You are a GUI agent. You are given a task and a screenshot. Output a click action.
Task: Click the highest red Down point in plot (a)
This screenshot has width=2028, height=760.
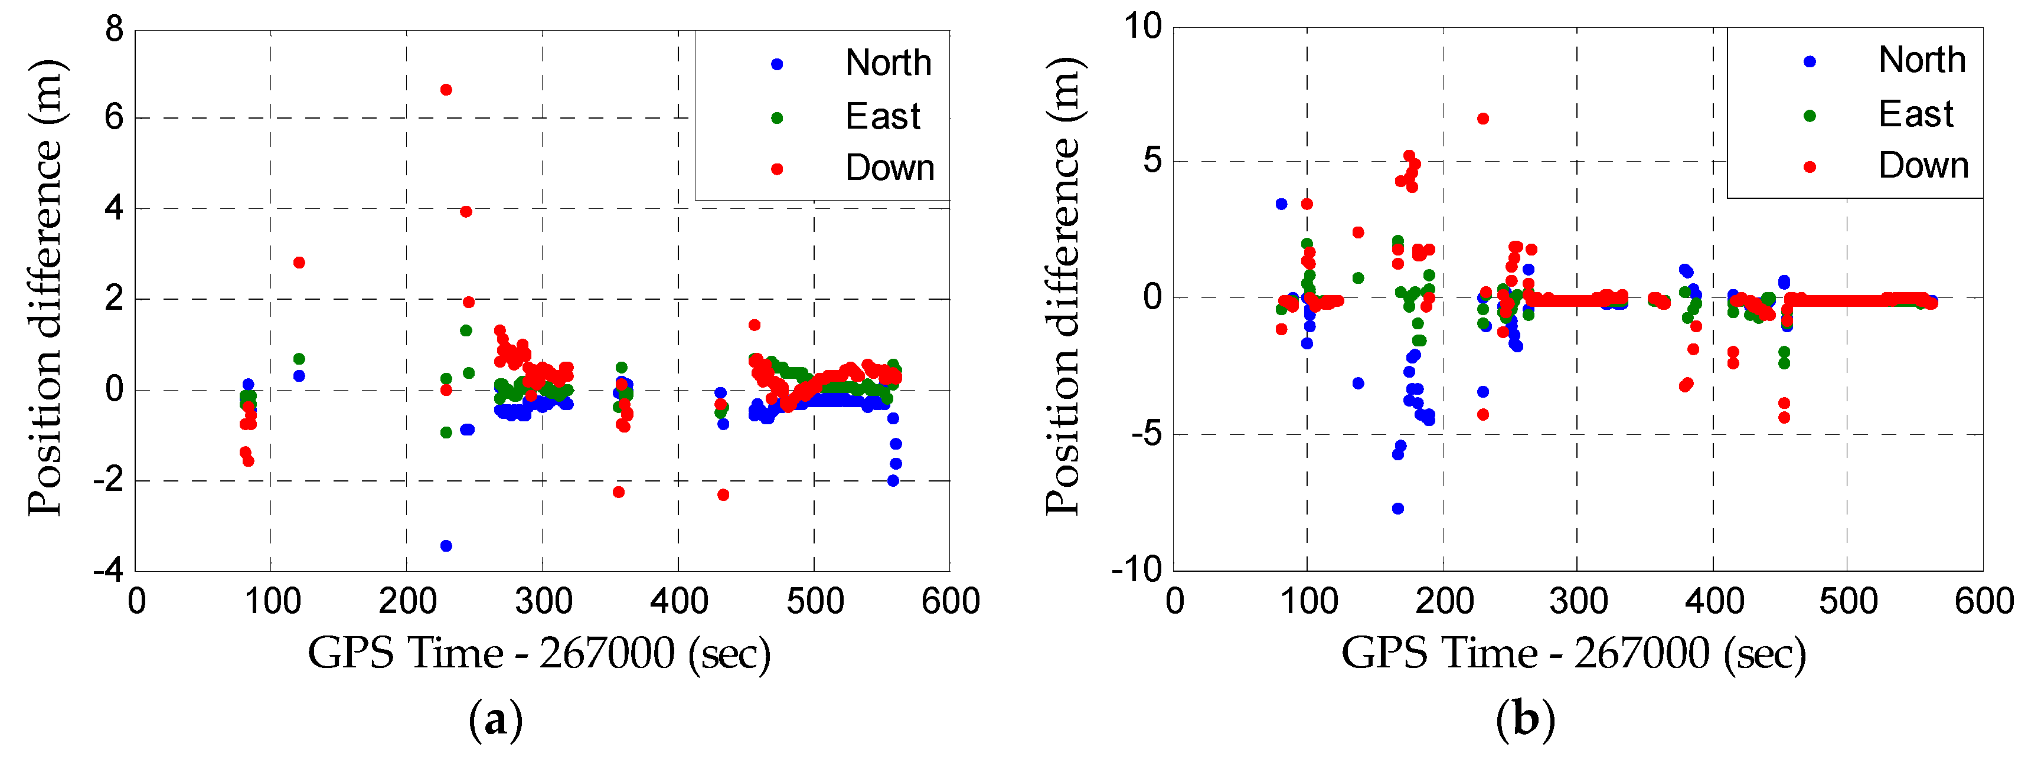pos(446,90)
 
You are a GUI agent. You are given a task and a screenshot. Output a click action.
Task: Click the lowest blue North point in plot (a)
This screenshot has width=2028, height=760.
pos(446,545)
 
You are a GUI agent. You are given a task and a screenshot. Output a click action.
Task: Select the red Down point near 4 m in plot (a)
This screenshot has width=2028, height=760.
pos(465,212)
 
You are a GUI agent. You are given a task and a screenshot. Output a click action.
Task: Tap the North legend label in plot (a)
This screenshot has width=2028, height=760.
pos(888,63)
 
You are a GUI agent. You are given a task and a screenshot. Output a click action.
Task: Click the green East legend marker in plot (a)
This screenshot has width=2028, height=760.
pos(777,118)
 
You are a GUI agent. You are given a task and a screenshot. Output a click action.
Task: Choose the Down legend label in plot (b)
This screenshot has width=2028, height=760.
pos(1924,166)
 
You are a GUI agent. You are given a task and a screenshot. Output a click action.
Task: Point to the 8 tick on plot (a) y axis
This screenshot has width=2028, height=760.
pos(115,30)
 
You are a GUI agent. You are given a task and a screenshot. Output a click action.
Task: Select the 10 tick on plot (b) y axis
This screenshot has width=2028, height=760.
pos(1143,27)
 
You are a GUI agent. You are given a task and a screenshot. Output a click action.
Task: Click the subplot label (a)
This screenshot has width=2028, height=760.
pos(495,720)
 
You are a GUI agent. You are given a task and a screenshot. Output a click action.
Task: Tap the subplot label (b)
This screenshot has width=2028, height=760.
pos(1526,720)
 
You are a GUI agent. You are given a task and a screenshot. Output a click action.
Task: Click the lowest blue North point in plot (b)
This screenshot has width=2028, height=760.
pos(1397,508)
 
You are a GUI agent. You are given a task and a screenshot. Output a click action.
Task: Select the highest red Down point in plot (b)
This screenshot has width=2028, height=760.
pos(1482,119)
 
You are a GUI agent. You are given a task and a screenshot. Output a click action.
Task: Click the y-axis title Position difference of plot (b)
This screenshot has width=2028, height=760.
pos(1064,287)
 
